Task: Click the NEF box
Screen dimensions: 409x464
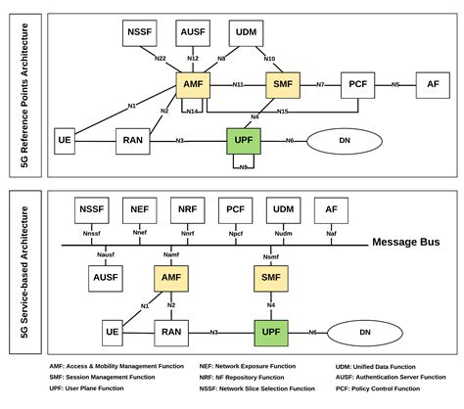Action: [139, 209]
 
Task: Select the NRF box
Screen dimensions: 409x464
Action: [187, 209]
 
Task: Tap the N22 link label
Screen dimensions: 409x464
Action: [161, 59]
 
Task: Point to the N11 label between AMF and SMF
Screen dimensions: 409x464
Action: [238, 85]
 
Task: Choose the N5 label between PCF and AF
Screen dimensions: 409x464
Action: [395, 85]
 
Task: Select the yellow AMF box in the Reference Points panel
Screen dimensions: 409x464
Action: [193, 85]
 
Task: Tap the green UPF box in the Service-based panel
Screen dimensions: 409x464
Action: [270, 333]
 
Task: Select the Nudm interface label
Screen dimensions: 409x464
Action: [284, 235]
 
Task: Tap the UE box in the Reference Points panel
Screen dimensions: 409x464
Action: [66, 140]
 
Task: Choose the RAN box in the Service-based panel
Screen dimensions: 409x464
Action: [171, 333]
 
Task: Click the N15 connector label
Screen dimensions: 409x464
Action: [282, 113]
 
